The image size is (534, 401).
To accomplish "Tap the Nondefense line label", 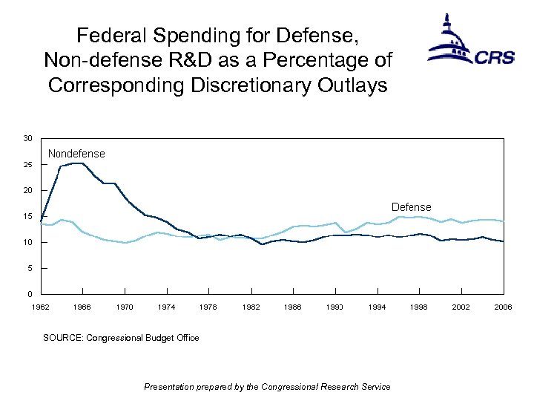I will pos(76,154).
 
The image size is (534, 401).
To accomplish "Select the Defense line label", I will pos(411,207).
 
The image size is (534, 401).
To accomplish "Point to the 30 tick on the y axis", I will pos(27,139).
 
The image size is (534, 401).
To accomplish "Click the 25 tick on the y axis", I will pos(27,165).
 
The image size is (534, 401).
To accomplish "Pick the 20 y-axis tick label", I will pos(27,191).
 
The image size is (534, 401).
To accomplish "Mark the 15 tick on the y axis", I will pos(27,217).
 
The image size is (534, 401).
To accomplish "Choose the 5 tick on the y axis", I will pos(30,268).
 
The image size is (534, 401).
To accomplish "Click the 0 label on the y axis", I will pos(30,294).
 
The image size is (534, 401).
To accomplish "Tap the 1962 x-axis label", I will pos(41,306).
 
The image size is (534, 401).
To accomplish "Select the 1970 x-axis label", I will pos(125,306).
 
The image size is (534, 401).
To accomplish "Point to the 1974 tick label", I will pos(167,306).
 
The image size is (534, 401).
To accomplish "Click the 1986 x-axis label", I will pos(294,306).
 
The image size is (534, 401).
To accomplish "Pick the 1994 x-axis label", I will pos(378,306).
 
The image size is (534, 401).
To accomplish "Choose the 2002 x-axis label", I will pos(462,306).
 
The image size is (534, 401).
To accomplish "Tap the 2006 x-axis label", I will pos(504,306).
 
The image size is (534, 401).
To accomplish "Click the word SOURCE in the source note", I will pos(63,338).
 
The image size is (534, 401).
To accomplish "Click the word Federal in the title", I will pos(107,35).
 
